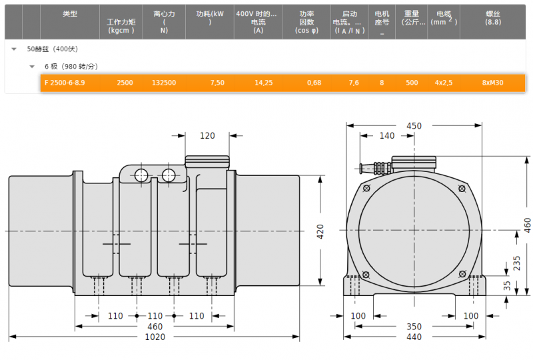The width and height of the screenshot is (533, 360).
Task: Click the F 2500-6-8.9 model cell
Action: coord(65,83)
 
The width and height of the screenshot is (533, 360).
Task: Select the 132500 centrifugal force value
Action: coord(164,83)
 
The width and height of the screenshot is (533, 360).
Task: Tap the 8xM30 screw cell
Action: coord(492,83)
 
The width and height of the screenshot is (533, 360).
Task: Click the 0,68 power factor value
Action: coord(314,83)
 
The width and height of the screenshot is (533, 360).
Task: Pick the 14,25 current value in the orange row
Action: coord(264,83)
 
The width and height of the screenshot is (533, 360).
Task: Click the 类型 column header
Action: coord(70,13)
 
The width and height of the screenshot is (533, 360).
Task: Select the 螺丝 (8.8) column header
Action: coord(493,18)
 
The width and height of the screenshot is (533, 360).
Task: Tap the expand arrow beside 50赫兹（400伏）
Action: coord(14,49)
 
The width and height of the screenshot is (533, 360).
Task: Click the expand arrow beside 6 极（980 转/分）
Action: coord(32,67)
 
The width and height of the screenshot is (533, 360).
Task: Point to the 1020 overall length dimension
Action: coord(155,337)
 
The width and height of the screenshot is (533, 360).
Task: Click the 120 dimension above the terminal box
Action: coord(207,136)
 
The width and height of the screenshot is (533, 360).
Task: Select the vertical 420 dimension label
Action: coord(320,231)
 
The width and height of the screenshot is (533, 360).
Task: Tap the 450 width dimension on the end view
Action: coord(414,126)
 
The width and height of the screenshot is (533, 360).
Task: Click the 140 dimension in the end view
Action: coord(387,136)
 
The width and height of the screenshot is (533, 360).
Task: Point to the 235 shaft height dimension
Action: coord(517,263)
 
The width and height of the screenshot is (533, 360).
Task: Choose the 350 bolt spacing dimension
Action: coord(414,327)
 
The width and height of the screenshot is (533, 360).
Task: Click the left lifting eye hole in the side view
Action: coord(141,175)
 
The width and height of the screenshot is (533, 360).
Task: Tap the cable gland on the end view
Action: coord(376,168)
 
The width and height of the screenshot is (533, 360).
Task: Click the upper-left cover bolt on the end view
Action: coord(366,188)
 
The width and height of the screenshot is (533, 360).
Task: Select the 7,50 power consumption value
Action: coord(218,83)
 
